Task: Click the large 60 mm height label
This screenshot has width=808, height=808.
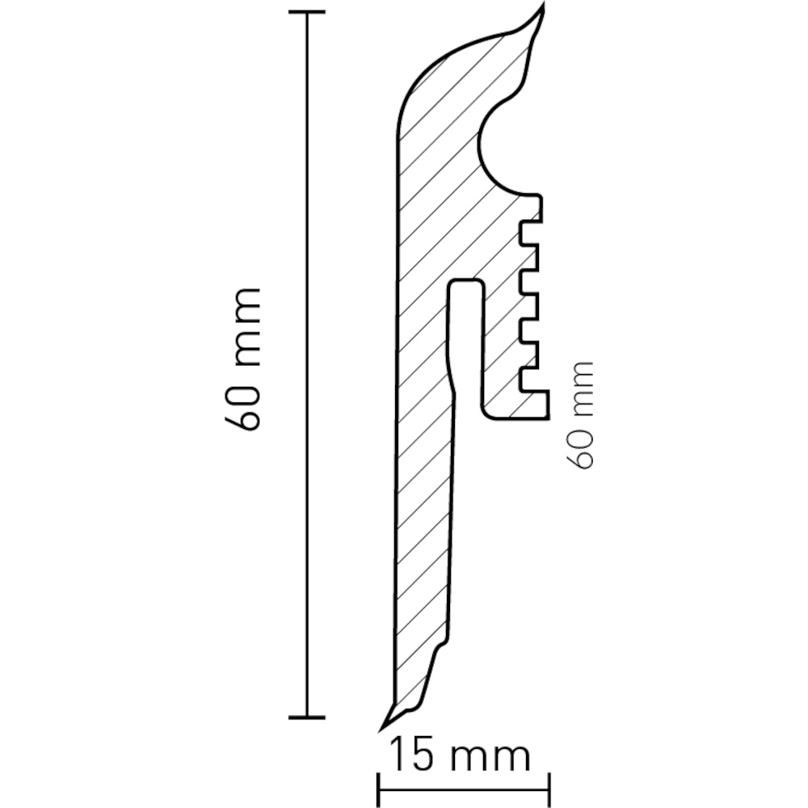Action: pos(242,360)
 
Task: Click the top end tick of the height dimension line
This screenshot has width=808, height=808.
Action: pos(307,12)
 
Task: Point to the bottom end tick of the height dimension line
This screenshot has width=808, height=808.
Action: pos(307,717)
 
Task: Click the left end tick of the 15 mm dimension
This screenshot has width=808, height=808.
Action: pos(379,789)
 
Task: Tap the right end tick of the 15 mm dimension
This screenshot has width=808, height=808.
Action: pos(549,789)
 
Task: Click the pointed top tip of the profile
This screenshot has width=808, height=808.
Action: pos(543,5)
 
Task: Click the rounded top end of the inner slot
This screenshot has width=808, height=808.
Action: pos(467,281)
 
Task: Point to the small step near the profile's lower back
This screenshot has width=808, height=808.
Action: pos(443,644)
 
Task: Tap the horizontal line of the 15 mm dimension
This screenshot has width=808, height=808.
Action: pos(465,789)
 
